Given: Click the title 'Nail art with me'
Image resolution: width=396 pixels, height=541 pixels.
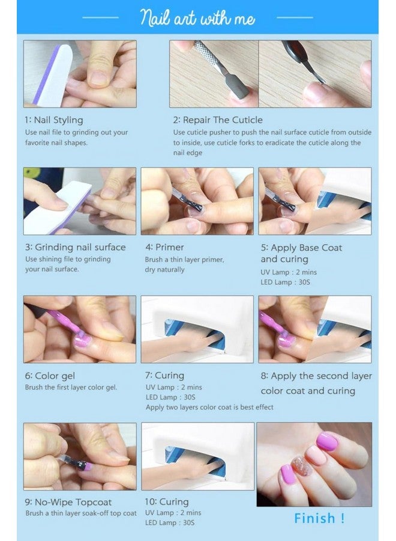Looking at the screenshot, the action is click(197, 17).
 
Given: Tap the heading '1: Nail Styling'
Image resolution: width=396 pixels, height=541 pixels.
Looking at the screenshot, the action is click(54, 120).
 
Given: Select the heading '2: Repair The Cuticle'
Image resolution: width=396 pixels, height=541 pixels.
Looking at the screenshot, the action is click(218, 120).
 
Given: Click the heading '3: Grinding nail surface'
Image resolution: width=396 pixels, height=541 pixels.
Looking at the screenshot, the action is click(76, 248).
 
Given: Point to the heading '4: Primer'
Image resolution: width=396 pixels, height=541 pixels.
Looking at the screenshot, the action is click(164, 248).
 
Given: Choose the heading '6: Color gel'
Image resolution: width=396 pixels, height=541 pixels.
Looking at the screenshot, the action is click(50, 376).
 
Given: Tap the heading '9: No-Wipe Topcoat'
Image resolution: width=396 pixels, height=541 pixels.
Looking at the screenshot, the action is click(68, 502).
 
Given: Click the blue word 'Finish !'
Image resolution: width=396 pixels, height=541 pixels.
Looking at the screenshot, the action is click(319, 518).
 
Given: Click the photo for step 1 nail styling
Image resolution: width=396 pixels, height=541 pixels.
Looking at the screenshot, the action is click(80, 74).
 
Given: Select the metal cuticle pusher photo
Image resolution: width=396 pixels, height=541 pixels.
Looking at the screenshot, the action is click(214, 74).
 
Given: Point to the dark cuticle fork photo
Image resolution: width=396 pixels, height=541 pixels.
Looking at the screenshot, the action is click(315, 74).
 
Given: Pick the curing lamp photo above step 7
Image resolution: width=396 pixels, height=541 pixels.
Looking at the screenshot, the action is click(197, 329).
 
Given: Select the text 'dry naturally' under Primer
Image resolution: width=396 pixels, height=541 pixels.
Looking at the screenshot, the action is click(164, 270).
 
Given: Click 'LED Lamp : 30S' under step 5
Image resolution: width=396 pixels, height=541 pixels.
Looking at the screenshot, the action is click(286, 283).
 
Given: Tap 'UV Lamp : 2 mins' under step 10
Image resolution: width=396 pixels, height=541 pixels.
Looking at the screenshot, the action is click(173, 513).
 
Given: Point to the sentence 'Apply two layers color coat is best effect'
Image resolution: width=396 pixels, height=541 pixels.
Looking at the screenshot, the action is click(209, 407).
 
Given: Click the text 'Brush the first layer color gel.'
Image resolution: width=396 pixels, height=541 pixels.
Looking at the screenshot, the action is click(71, 388).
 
